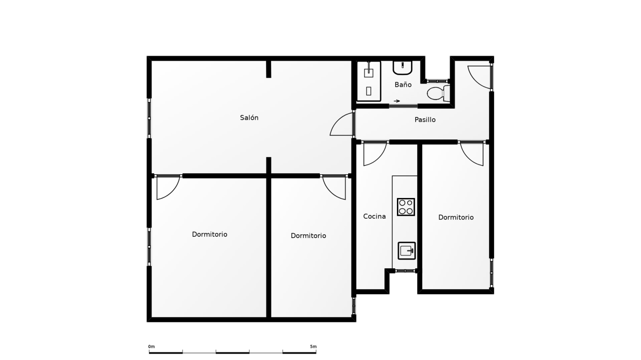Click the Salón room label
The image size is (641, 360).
pos(249,117)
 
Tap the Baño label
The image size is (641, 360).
pos(403,84)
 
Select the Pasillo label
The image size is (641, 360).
pos(425,119)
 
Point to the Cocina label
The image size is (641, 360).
pos(374,216)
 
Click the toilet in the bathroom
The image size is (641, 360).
pos(438,93)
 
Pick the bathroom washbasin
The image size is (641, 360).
pos(402,68)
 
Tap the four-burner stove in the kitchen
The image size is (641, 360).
pos(406,207)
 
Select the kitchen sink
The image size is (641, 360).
pos(407,251)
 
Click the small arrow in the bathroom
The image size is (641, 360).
pos(397,101)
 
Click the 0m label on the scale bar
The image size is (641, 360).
pos(151,346)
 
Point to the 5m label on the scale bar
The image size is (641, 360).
pos(313,346)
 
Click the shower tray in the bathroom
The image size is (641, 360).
pos(368,81)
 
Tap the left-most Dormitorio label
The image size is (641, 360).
pos(210,234)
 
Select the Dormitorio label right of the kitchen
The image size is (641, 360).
pos(456,217)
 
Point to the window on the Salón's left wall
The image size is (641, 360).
pos(149,118)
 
